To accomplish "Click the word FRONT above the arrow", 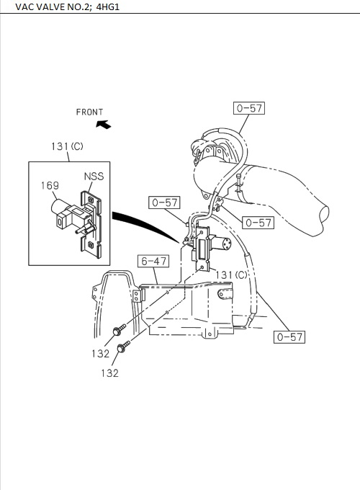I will pyautogui.click(x=90, y=112).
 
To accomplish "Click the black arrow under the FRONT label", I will pyautogui.click(x=103, y=124).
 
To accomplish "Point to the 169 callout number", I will pyautogui.click(x=50, y=185).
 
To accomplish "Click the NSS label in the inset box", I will pyautogui.click(x=94, y=176).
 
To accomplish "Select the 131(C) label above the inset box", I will pyautogui.click(x=67, y=146).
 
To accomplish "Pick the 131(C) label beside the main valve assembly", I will pyautogui.click(x=231, y=275).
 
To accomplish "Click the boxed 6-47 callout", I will pyautogui.click(x=153, y=262).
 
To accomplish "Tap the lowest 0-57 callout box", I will pyautogui.click(x=289, y=337).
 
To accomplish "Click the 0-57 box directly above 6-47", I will pyautogui.click(x=164, y=202).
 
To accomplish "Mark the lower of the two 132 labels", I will pyautogui.click(x=109, y=373).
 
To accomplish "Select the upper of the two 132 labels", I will pyautogui.click(x=101, y=353).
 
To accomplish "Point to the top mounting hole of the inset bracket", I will pyautogui.click(x=90, y=198).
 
